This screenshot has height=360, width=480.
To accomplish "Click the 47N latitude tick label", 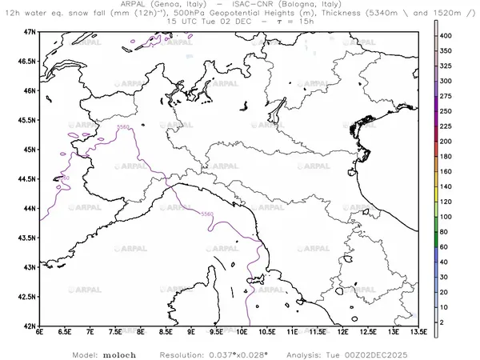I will (29, 31).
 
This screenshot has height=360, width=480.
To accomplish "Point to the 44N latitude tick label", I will (29, 208).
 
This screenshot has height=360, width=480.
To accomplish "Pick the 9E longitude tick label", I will (191, 333).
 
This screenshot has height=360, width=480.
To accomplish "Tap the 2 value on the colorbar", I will (449, 322).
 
